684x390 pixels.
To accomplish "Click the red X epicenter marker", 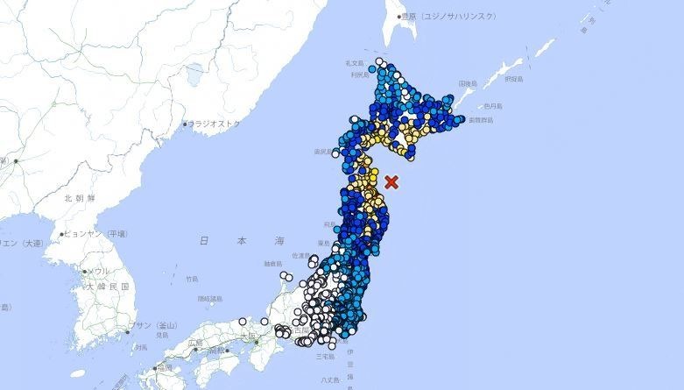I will pyautogui.click(x=392, y=182).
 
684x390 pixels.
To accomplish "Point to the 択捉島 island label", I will pyautogui.click(x=513, y=79).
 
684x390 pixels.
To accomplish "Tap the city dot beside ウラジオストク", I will pyautogui.click(x=186, y=124).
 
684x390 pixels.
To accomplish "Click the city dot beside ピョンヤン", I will pyautogui.click(x=62, y=234).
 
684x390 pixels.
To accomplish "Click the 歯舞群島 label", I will pyautogui.click(x=481, y=119).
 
